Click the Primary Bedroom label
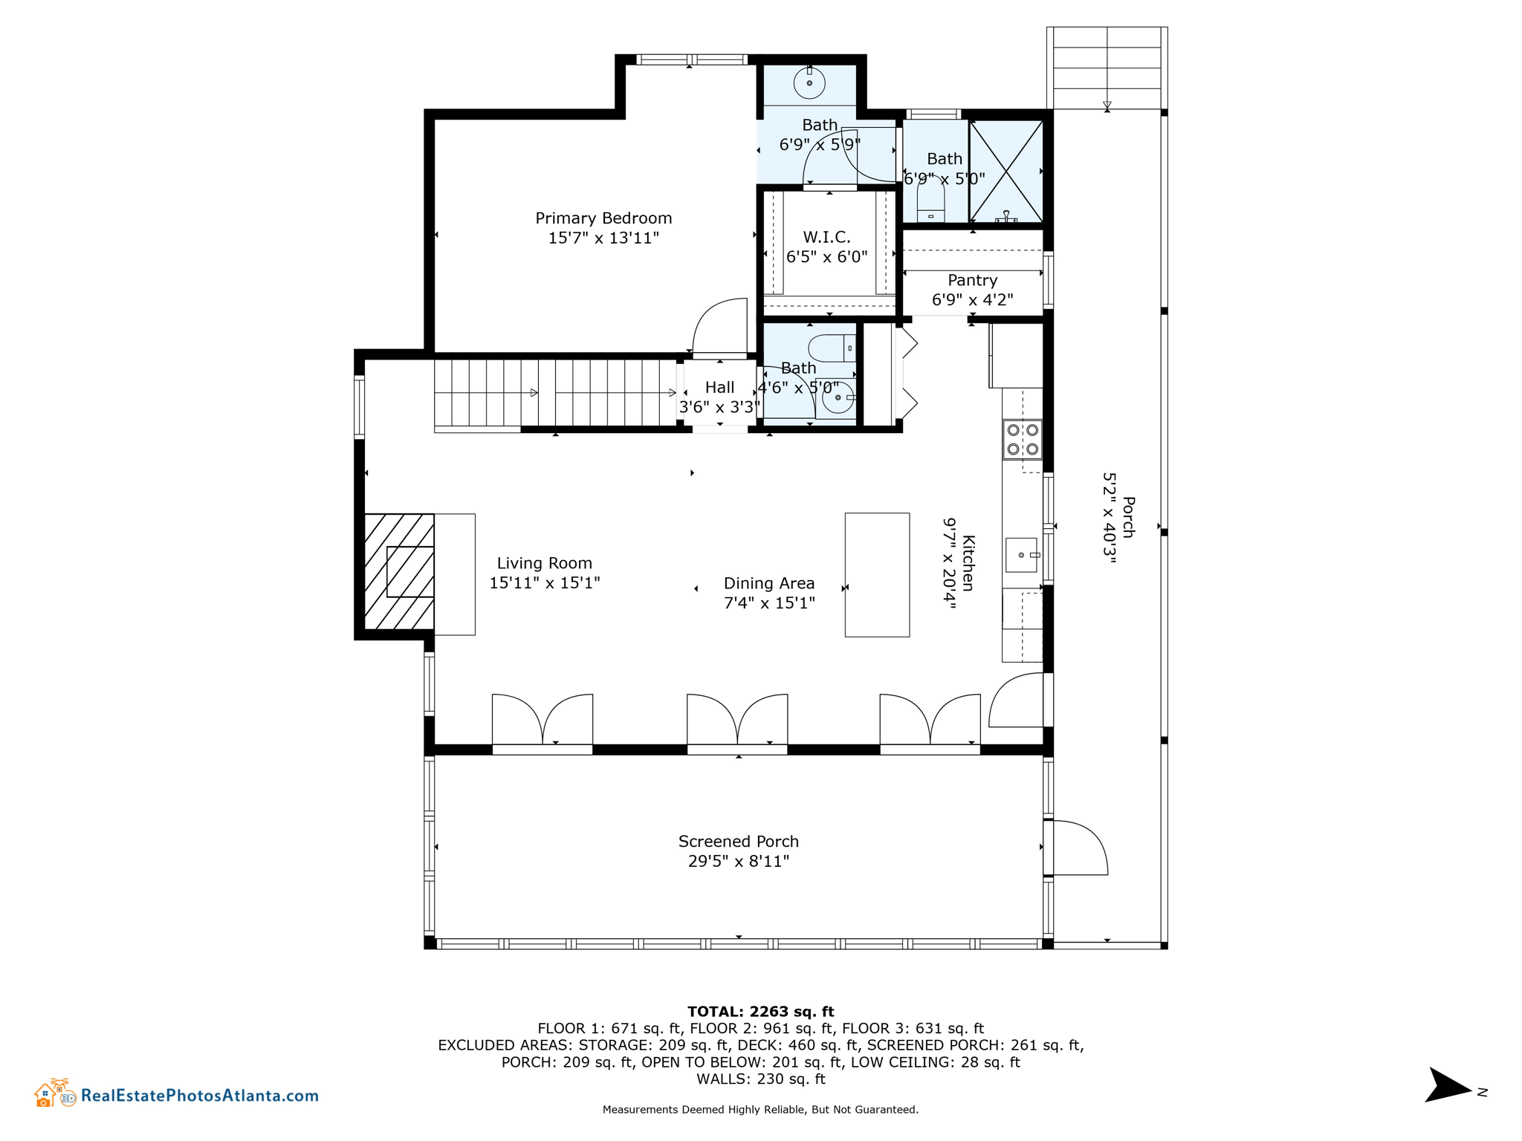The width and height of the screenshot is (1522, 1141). [603, 218]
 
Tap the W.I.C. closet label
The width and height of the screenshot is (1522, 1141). [826, 237]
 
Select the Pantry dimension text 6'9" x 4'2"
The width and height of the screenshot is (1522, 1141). [972, 300]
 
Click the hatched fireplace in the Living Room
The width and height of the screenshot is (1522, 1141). [399, 572]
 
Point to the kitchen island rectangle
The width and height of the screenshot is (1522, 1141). [877, 574]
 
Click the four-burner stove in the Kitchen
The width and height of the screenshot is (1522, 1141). [1022, 440]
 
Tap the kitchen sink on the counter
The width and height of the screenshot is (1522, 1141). [1021, 555]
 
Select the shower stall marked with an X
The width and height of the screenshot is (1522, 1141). [1006, 172]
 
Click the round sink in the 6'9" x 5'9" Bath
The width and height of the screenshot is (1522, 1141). [809, 83]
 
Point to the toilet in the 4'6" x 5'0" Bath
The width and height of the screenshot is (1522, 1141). [831, 348]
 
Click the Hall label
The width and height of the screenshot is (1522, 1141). [719, 387]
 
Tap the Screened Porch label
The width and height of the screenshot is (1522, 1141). [738, 842]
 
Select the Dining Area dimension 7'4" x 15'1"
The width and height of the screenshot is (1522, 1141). [769, 603]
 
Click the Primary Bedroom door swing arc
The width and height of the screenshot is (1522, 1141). [719, 327]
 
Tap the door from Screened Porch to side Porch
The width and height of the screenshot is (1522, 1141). [1079, 848]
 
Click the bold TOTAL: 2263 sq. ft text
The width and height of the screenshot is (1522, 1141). [760, 1011]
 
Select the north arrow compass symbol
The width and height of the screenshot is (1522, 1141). [1448, 1087]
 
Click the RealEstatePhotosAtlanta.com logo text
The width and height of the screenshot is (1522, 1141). [199, 1095]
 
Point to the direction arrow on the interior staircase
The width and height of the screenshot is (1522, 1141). [534, 393]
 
